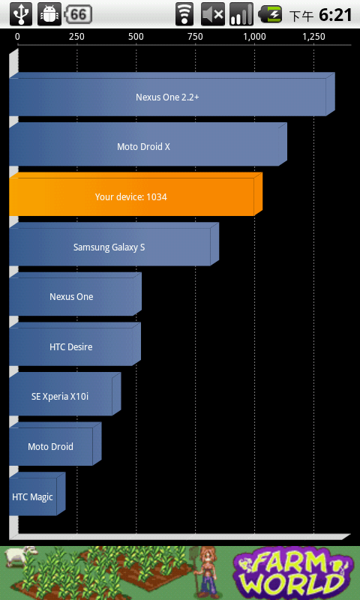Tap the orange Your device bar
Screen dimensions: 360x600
coord(136,194)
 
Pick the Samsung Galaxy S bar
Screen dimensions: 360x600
coord(114,244)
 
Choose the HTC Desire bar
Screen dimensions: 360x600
coord(75,344)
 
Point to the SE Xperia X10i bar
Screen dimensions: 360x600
coord(65,394)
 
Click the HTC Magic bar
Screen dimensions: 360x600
coord(37,494)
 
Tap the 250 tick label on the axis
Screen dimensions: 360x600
coord(76,37)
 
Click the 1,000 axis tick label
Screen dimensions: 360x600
coord(254,37)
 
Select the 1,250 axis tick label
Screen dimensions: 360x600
coord(314,37)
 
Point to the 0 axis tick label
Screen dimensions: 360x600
coord(17,37)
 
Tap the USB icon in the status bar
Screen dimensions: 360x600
coord(21,14)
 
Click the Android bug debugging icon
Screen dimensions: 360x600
coord(49,14)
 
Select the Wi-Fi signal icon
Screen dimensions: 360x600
coord(184,14)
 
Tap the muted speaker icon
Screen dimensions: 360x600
coord(213,14)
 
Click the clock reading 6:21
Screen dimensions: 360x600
coord(335,15)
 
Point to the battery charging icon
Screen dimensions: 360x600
coord(270,14)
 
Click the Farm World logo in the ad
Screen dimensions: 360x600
coord(293,573)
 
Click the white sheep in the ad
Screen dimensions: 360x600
coord(21,556)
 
